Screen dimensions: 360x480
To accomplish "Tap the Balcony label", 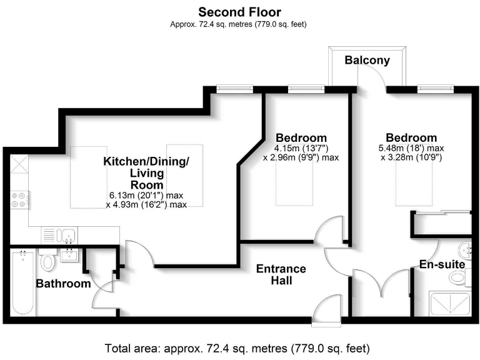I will point(367,61).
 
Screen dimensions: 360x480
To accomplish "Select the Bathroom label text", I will point(63,284).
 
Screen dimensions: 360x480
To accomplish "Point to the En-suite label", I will point(442,264).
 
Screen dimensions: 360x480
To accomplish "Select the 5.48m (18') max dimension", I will point(411,148).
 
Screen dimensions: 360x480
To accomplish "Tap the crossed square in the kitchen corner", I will point(19,166).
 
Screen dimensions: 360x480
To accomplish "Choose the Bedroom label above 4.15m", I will point(301,137).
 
